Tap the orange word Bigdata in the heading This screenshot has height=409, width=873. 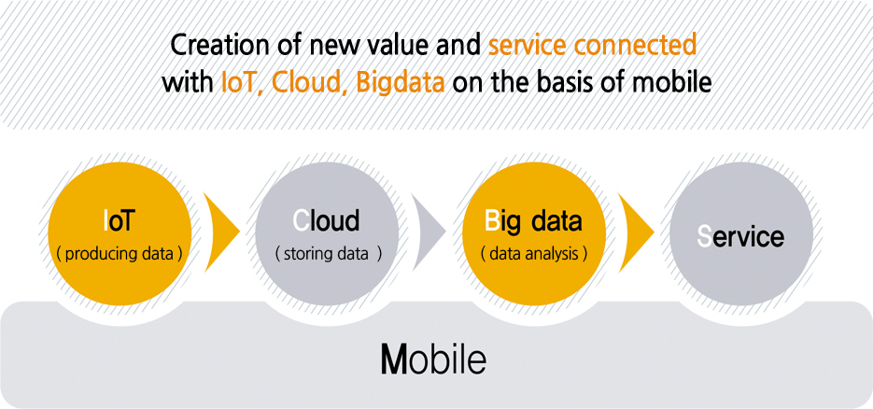click(401, 83)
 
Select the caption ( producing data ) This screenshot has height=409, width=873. click(120, 254)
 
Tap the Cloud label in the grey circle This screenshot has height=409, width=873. click(326, 221)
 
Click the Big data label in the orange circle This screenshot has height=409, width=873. click(533, 221)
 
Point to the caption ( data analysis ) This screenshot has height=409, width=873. click(534, 254)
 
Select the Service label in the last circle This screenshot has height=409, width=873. click(741, 236)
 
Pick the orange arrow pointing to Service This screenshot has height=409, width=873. click(634, 231)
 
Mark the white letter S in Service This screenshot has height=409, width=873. click(705, 236)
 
